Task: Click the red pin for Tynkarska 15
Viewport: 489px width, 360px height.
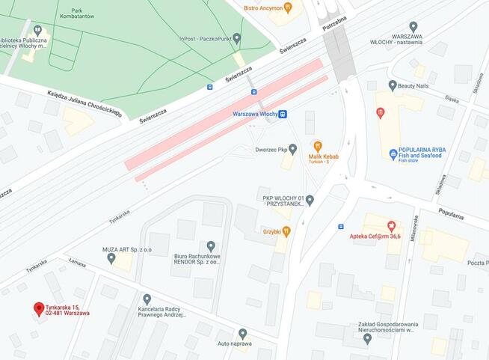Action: point(39,308)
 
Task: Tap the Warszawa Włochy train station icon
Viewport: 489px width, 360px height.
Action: point(283,115)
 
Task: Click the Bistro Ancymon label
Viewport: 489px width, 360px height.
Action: point(263,8)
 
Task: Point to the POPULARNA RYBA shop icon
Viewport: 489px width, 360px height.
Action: point(393,154)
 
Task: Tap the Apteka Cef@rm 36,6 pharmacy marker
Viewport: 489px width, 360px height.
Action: point(390,225)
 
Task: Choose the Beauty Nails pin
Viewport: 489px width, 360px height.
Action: point(393,86)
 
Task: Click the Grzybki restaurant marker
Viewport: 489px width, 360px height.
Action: point(285,231)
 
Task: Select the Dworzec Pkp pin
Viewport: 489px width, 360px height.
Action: point(292,149)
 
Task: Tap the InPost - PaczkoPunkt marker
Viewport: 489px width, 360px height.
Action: point(237,37)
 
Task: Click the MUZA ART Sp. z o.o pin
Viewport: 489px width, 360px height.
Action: point(111,258)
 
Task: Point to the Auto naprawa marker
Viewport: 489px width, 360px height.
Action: point(242,333)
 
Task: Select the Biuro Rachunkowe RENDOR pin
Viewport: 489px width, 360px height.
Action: point(210,245)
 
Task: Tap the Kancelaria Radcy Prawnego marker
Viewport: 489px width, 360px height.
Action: point(147,299)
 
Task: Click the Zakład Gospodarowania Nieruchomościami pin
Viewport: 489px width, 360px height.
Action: point(367,338)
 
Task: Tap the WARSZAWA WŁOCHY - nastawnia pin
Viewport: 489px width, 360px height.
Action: point(413,27)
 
